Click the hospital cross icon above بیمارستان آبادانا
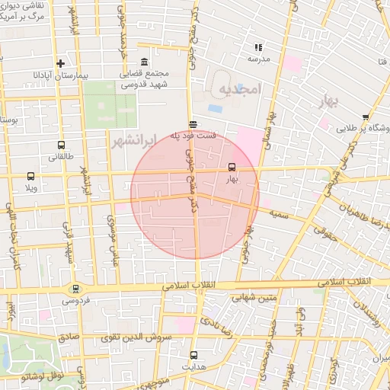(x=59, y=63)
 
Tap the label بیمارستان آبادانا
(x=59, y=75)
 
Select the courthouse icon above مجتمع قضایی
(x=144, y=62)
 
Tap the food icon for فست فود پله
(x=192, y=124)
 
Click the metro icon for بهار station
(x=232, y=168)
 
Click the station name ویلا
(x=30, y=187)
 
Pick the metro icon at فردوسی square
(x=75, y=289)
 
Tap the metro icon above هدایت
(x=193, y=354)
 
